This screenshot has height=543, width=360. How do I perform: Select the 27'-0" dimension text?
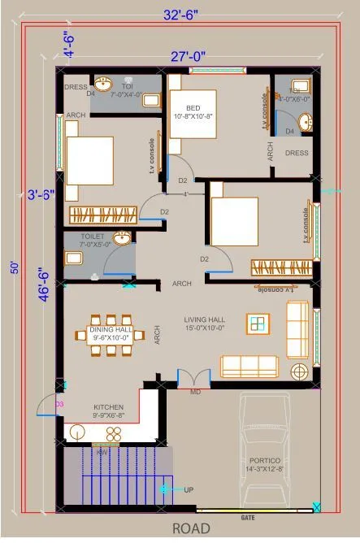point(188,56)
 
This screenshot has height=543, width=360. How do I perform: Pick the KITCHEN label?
point(108,406)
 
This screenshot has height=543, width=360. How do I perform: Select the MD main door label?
point(195,392)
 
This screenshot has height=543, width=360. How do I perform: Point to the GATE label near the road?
point(248,517)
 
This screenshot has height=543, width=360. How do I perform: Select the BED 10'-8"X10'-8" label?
point(193,111)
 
